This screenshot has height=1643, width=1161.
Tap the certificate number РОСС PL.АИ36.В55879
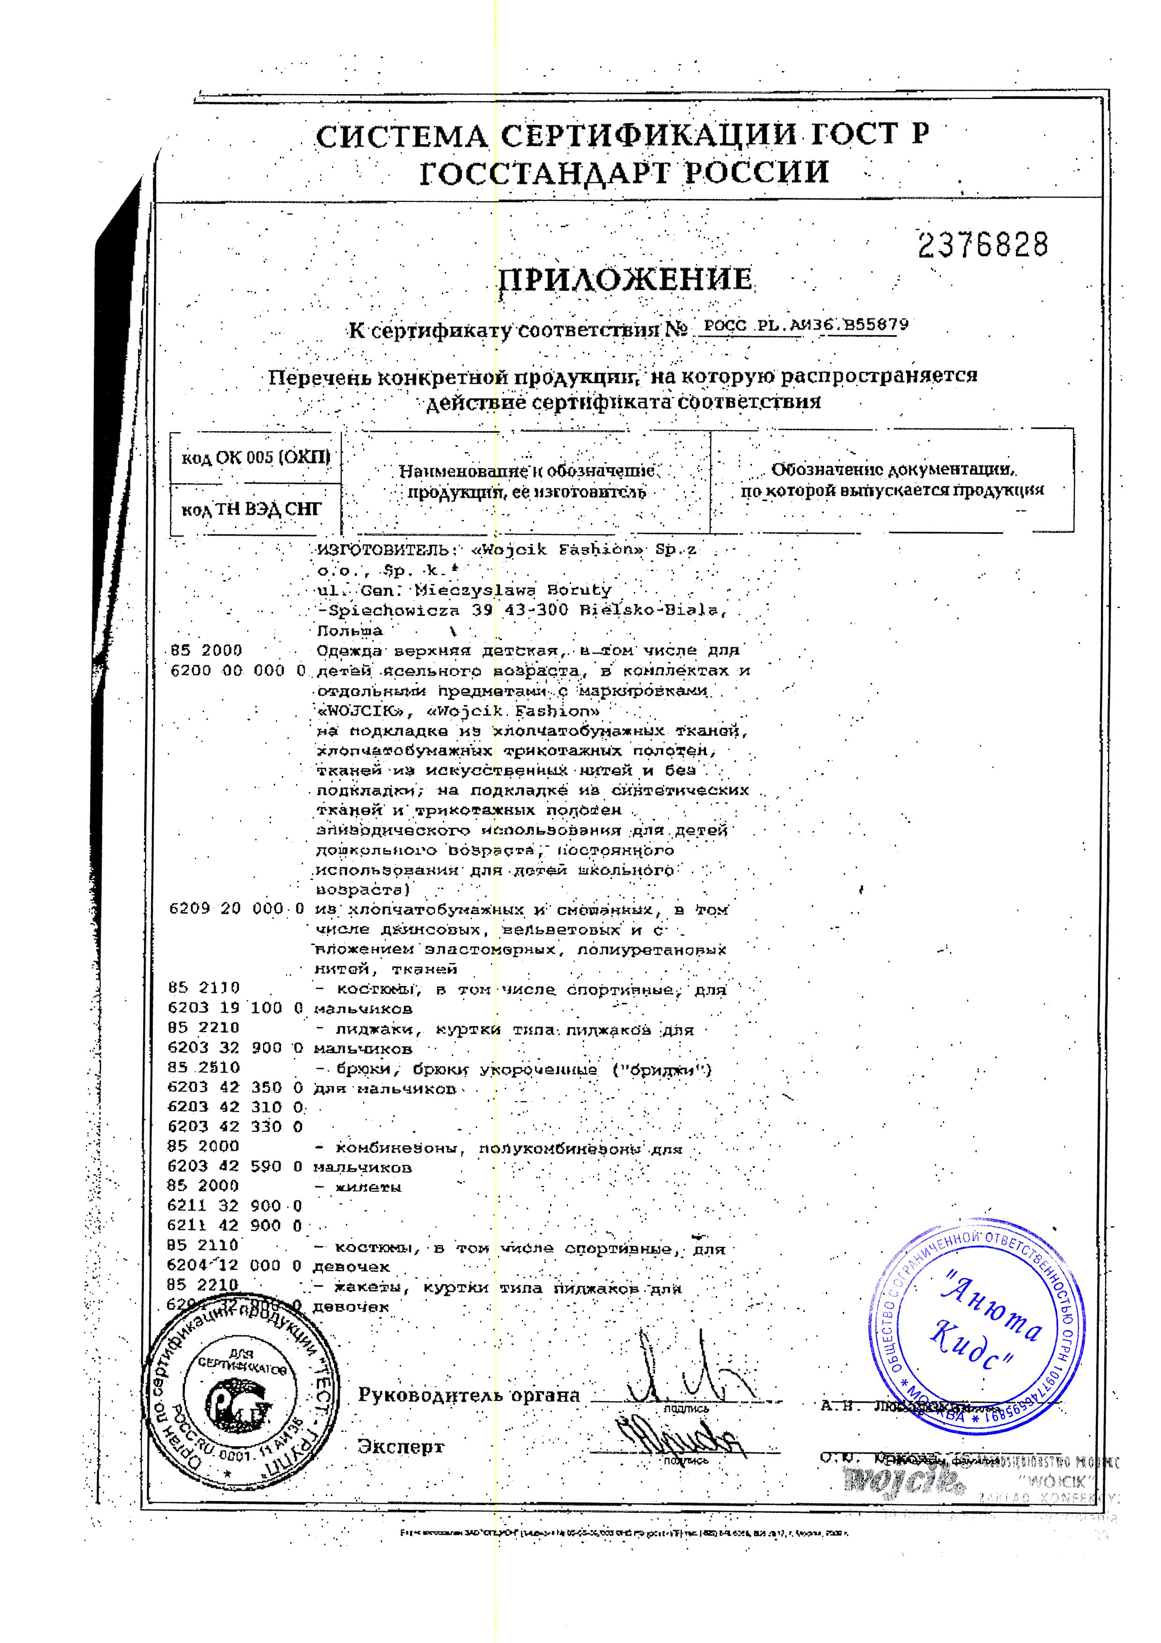pos(806,325)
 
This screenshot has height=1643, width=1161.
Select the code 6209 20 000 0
pos(237,909)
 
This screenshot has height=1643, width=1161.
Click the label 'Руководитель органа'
pos(469,1395)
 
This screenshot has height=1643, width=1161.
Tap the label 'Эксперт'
pos(401,1446)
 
